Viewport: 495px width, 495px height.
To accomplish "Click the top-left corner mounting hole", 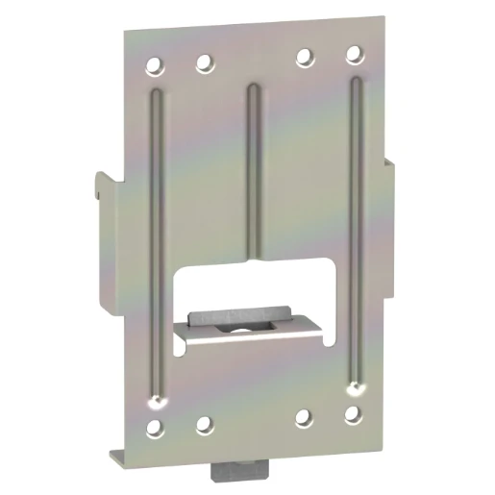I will click(x=153, y=67).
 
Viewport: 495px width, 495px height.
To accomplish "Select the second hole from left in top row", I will click(x=203, y=65).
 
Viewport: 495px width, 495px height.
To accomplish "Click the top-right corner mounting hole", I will click(x=353, y=53).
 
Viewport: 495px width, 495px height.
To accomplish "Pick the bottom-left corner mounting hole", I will click(x=154, y=424).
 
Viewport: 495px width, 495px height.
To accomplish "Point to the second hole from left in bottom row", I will click(x=203, y=421).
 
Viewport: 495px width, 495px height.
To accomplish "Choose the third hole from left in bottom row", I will click(x=305, y=417).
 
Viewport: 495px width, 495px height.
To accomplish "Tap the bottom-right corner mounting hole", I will click(x=353, y=415).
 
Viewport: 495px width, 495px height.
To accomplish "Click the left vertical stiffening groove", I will click(x=157, y=240).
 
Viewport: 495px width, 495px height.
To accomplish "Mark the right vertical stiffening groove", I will click(x=356, y=231).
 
